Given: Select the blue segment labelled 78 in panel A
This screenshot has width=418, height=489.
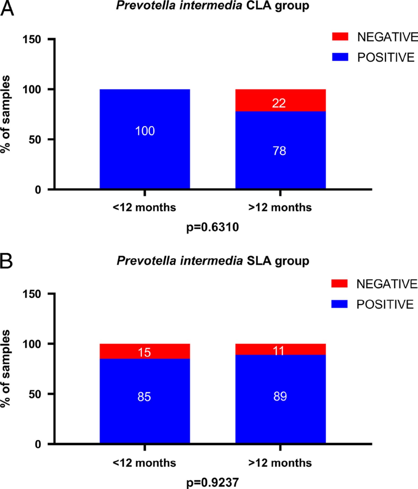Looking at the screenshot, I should coord(280,151).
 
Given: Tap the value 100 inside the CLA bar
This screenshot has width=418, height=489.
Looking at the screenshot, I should coord(145,131).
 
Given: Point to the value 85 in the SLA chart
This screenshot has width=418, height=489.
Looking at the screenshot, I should coord(144,397).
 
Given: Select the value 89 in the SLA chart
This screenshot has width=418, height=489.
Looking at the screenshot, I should coord(280,396).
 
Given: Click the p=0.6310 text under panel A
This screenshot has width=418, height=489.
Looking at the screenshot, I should coord(213,227).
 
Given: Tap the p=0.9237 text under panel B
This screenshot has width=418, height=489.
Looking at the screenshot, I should coord(213,482).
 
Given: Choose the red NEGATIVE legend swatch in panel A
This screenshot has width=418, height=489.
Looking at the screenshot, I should coord(340,37).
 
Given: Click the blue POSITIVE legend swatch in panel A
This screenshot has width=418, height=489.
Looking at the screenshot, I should coord(340,57).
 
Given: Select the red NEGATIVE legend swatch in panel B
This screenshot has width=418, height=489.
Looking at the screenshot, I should coord(339,284).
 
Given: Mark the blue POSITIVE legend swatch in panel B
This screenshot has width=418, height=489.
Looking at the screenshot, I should coord(339,304).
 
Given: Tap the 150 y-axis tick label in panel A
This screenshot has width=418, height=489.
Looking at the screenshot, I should coord(32,39).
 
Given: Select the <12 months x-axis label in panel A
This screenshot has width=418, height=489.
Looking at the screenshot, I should coord(144,207).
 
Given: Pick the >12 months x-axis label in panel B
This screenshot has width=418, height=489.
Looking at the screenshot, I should coord(280,463).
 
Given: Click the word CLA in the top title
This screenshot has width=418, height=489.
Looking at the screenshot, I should coord(258,5).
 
